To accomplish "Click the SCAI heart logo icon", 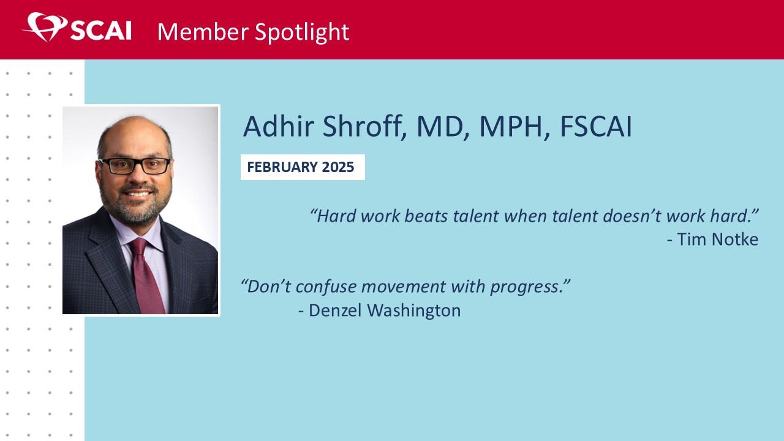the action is (45, 27).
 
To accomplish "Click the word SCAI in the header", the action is (101, 31).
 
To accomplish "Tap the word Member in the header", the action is (203, 32).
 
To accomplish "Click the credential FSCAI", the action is (596, 126).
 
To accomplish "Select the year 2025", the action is (337, 167).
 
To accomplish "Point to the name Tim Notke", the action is (717, 239).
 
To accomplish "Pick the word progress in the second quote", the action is (526, 287).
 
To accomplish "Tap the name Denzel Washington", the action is (384, 310).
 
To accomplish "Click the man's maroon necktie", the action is (146, 276).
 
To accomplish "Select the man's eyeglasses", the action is (135, 165).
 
